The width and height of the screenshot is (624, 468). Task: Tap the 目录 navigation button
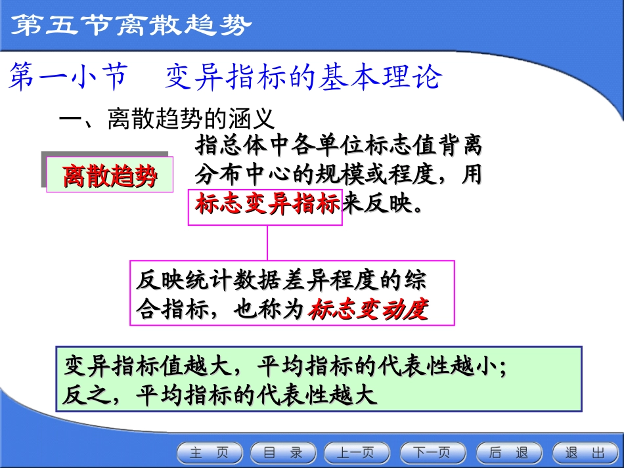tap(283, 453)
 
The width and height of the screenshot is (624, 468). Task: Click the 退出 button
tap(585, 453)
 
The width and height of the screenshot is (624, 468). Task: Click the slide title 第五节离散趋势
tap(132, 26)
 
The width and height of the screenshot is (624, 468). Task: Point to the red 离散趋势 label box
tap(110, 175)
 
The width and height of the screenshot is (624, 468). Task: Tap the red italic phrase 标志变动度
tap(368, 308)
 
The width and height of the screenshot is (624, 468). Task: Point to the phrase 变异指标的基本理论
tap(303, 78)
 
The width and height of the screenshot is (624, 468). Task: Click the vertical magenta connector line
tap(267, 243)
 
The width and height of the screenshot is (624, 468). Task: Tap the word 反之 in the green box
tap(84, 396)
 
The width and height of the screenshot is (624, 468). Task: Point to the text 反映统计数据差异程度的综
tap(281, 280)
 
